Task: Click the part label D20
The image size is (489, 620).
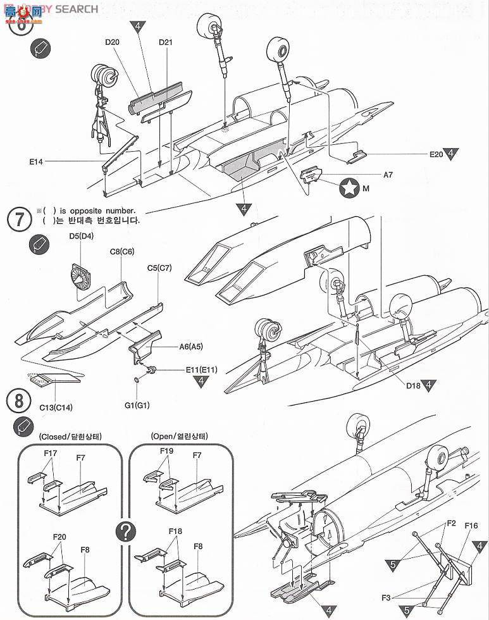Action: click(112, 42)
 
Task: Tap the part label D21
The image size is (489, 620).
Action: click(166, 42)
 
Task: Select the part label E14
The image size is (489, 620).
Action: click(35, 162)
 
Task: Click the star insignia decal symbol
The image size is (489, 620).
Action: click(347, 187)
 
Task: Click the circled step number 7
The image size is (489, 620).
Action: click(19, 219)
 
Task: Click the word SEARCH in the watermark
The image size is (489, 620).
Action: click(77, 9)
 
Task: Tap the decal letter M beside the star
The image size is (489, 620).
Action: click(366, 188)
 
